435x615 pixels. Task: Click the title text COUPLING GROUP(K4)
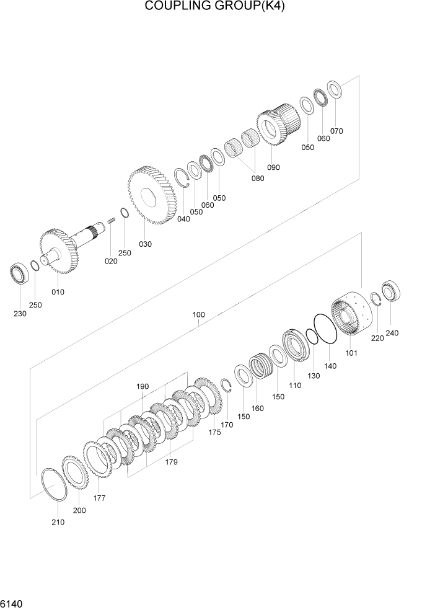tap(217, 7)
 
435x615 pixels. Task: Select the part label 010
tap(58, 291)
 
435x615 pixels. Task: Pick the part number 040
tap(183, 219)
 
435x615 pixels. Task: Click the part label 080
tap(257, 178)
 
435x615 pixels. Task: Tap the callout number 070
tap(336, 131)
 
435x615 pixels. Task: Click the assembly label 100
tap(198, 314)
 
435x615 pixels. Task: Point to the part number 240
tap(392, 333)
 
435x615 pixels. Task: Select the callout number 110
tap(294, 385)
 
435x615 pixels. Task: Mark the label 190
tap(143, 386)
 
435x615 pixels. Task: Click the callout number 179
tap(172, 461)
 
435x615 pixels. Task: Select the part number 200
tap(79, 510)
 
